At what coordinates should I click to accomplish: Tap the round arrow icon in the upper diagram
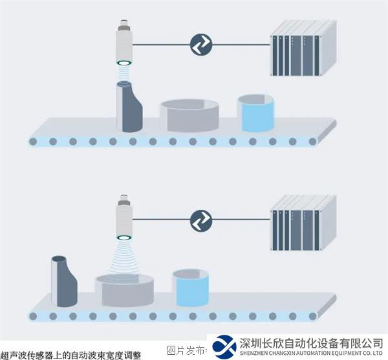pyautogui.click(x=200, y=45)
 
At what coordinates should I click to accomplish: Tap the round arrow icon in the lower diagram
pyautogui.click(x=200, y=220)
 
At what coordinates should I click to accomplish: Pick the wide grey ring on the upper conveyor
pyautogui.click(x=189, y=115)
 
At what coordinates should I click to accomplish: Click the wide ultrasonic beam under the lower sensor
pyautogui.click(x=124, y=256)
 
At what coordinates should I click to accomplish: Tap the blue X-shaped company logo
pyautogui.click(x=224, y=347)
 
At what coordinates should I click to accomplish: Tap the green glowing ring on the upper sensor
pyautogui.click(x=124, y=63)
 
